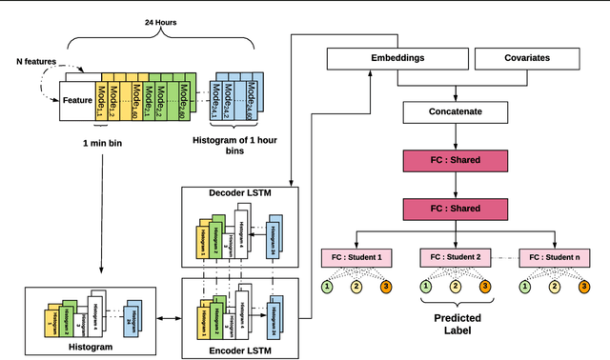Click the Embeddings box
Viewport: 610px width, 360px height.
coord(397,59)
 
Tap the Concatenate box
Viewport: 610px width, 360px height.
coord(456,112)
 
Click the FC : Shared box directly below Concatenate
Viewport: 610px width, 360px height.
coord(456,161)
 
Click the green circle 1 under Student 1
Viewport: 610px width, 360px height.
coord(327,287)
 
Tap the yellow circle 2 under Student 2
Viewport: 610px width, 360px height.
coord(456,287)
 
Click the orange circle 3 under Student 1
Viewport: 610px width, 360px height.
coord(385,287)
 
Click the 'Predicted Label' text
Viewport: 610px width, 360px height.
coord(456,325)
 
